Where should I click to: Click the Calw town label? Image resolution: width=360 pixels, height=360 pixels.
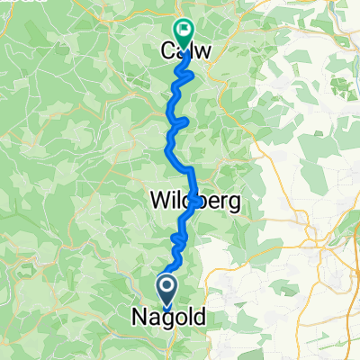(x=186, y=51)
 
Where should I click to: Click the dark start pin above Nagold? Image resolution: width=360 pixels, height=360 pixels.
(x=168, y=288)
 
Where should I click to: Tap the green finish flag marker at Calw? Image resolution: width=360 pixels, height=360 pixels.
(x=183, y=33)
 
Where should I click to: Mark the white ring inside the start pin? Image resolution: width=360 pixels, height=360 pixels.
(x=168, y=284)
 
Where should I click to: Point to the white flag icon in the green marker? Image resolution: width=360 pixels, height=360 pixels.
(x=183, y=30)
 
